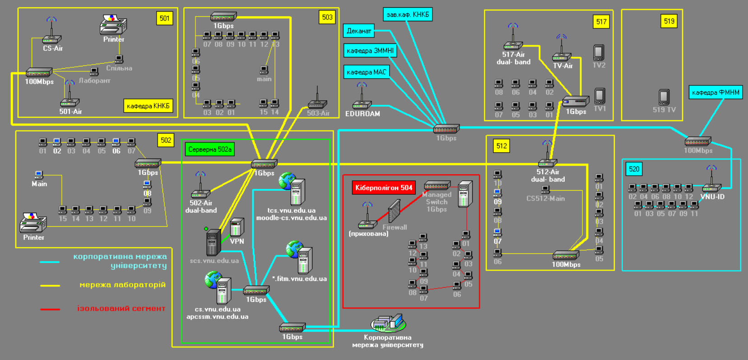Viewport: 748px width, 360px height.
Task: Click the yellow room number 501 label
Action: point(165,19)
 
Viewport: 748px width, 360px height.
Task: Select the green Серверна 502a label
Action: point(210,150)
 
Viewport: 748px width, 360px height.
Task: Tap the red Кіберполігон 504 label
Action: point(384,188)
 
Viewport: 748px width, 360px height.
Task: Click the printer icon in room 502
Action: point(33,223)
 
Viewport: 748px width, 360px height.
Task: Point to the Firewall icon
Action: point(394,211)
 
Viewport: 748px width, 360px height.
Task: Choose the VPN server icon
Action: point(237,228)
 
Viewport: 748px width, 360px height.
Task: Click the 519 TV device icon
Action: point(664,97)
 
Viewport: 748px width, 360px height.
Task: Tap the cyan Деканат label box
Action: point(359,31)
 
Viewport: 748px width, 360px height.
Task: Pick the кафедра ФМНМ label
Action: point(715,93)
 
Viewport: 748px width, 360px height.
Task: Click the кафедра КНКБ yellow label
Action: point(148,106)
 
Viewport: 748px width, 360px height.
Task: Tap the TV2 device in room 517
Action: point(599,53)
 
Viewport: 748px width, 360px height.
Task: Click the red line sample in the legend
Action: point(50,309)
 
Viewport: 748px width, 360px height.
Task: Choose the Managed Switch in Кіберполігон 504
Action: point(437,185)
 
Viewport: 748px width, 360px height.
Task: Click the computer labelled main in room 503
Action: point(264,70)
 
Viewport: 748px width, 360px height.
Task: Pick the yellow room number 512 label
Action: point(502,146)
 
